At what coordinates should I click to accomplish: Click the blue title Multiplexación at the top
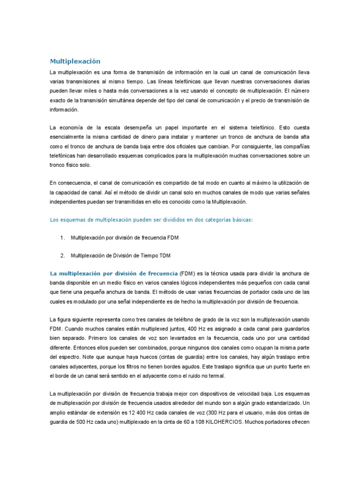(x=75, y=61)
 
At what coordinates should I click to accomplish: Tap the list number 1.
(x=62, y=238)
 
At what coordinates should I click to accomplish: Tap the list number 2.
(x=62, y=255)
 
